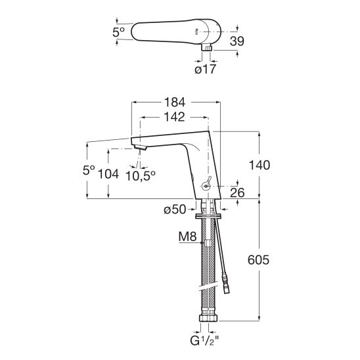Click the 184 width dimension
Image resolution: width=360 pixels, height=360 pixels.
175,102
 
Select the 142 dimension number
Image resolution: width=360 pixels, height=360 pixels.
175,117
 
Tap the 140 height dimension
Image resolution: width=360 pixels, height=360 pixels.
259,166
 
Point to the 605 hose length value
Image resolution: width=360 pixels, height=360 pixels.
258,260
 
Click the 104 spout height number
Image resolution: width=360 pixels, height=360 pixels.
108,174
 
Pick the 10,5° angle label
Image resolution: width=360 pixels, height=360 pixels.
141,176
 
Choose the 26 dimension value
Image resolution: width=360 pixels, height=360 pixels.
237,192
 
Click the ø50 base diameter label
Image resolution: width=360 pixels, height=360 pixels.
175,209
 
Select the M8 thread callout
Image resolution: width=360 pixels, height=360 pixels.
188,236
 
